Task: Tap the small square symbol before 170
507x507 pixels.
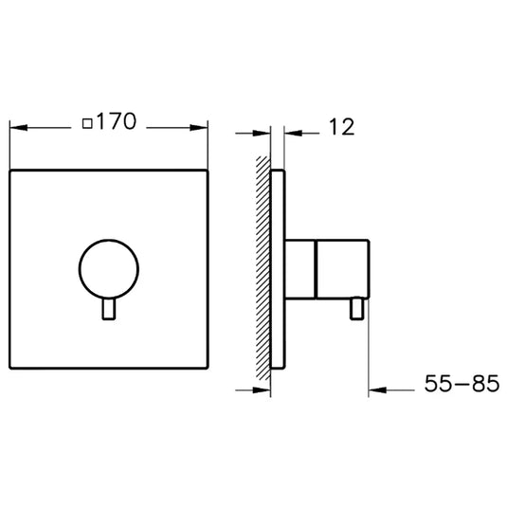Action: tap(87, 123)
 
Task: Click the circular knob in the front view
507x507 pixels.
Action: tap(105, 268)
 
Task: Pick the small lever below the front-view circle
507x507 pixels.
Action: tap(109, 312)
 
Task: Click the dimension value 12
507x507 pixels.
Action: tap(342, 125)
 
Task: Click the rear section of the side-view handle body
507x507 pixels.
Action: tap(300, 268)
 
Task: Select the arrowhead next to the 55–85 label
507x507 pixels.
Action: tap(374, 387)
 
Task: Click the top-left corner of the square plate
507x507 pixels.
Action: tap(9, 171)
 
